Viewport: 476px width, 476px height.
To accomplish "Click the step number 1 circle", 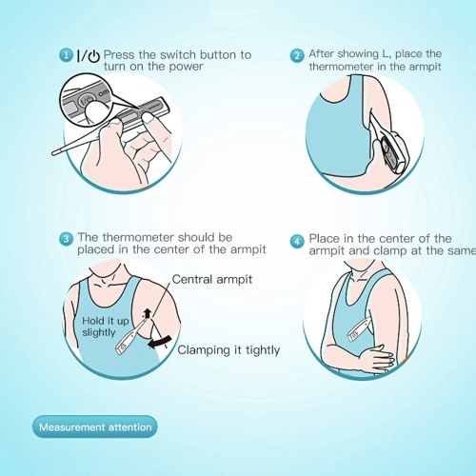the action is [66, 55].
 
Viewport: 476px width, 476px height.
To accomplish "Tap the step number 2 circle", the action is [297, 56].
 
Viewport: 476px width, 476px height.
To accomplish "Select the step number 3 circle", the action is [66, 238].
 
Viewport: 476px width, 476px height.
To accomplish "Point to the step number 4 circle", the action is [297, 242].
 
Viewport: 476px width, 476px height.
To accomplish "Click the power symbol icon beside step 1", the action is [94, 56].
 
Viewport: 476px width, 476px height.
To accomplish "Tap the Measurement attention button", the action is [95, 426].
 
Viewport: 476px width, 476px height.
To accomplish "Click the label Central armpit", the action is [212, 279].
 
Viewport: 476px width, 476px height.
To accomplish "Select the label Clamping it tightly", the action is [228, 350].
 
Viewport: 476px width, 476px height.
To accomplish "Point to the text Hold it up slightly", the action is [105, 327].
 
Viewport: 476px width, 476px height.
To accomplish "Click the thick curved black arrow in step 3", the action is [160, 342].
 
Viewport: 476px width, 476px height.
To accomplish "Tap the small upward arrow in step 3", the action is [147, 314].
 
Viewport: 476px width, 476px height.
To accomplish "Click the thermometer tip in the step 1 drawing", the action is [54, 153].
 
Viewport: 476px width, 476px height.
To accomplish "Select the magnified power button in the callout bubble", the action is [86, 99].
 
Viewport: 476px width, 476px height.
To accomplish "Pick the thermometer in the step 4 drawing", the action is [359, 330].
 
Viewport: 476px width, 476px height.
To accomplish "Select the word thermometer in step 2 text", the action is [341, 67].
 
